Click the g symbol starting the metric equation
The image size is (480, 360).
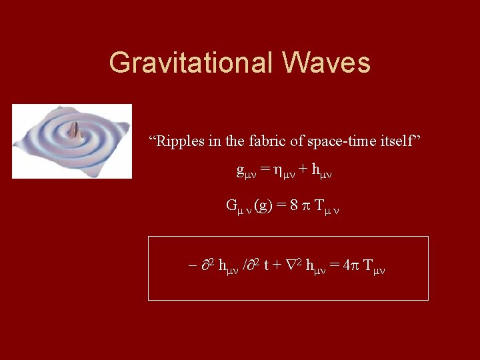(x=240, y=171)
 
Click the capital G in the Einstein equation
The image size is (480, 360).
(x=232, y=205)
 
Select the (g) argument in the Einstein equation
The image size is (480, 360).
(x=262, y=205)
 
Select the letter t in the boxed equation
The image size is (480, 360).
(x=267, y=265)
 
